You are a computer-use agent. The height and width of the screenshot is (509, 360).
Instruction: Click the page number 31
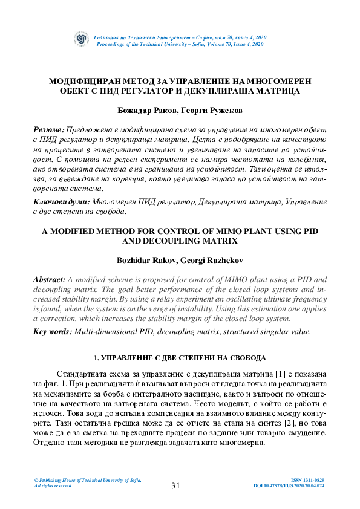click(x=176, y=485)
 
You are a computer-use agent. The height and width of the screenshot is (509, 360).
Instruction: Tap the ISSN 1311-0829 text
click(x=308, y=480)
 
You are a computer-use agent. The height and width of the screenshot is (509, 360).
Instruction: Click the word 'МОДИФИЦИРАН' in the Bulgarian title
click(x=84, y=80)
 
